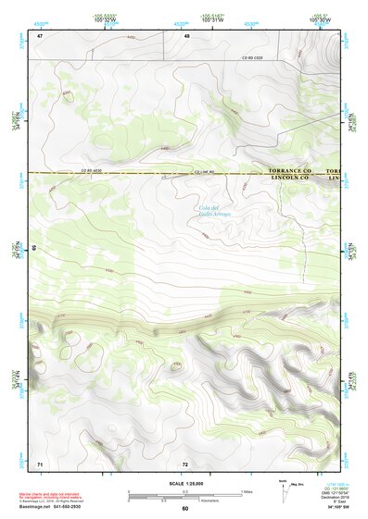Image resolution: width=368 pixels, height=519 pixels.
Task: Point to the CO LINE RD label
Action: click(206, 172)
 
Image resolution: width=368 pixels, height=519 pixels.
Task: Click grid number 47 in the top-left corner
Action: click(40, 36)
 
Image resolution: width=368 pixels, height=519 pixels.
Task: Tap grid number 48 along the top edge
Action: click(186, 36)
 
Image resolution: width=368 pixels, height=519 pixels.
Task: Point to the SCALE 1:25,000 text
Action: click(184, 483)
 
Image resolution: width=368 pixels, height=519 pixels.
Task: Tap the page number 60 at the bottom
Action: click(185, 509)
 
